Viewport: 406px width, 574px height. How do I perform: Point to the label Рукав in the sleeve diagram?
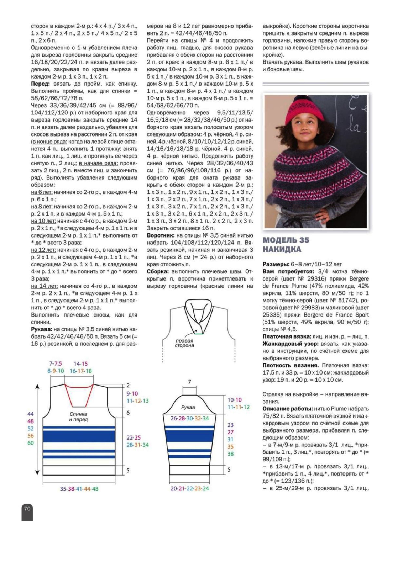[x=188, y=407]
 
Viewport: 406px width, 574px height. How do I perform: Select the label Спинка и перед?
[x=78, y=417]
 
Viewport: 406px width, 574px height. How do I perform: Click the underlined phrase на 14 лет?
[x=44, y=286]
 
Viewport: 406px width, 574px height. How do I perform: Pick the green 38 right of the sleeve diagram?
[x=230, y=454]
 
